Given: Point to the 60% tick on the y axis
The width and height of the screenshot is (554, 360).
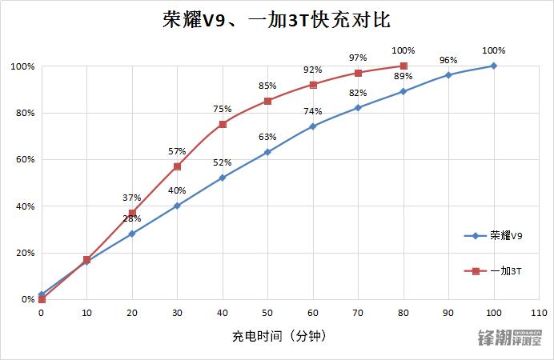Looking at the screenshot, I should coord(24,159).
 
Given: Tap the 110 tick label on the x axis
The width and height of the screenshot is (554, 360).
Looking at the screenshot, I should coord(539,314).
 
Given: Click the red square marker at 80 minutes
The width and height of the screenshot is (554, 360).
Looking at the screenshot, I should coord(403,66).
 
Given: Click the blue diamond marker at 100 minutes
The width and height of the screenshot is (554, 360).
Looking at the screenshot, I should coord(494,66).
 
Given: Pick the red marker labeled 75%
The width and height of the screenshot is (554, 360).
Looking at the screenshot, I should coord(223,124).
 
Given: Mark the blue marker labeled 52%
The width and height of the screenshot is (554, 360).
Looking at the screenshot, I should coord(223,178).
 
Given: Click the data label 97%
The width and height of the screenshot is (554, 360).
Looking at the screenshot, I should coord(358,58).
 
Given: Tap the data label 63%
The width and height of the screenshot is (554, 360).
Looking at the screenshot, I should coord(267,137).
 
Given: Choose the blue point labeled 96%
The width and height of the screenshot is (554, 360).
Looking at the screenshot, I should coord(448,75).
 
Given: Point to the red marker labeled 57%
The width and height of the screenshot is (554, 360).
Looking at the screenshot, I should coord(177,166).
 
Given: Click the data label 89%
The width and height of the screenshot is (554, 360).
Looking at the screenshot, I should coord(403,77).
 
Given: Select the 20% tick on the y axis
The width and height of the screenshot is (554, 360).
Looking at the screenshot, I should coord(24,253).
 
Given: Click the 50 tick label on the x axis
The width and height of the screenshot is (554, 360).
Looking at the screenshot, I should coord(267,314).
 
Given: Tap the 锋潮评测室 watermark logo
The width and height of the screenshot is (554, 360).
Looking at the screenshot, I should coord(510,338).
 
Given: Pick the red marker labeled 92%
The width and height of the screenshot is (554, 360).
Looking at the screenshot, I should coord(313,85).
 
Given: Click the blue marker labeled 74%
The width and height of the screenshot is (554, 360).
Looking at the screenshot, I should coord(313,126).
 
